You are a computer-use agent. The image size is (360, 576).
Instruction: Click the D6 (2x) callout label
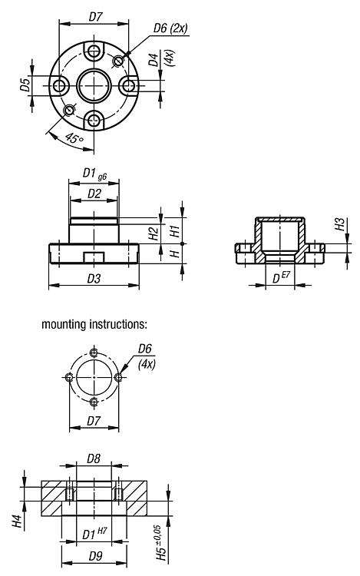pyautogui.click(x=170, y=28)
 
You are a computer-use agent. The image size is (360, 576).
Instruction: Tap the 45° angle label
pyautogui.click(x=74, y=139)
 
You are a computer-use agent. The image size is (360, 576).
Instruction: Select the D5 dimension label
pyautogui.click(x=25, y=85)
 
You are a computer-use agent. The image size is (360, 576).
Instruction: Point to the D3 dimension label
pyautogui.click(x=94, y=279)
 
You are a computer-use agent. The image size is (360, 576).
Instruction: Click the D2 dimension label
pyautogui.click(x=94, y=194)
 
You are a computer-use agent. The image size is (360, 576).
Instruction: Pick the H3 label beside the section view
pyautogui.click(x=340, y=225)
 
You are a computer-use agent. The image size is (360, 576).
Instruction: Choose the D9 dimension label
pyautogui.click(x=95, y=556)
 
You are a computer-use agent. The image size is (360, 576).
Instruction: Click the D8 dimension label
pyautogui.click(x=94, y=458)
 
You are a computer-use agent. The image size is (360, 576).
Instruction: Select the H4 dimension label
pyautogui.click(x=18, y=521)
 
